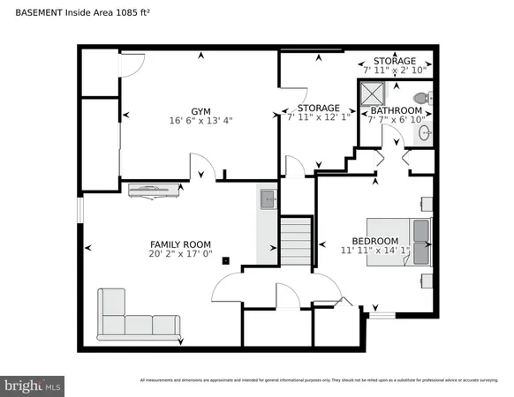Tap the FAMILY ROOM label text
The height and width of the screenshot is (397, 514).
coord(180,243)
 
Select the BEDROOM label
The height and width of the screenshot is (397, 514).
coord(374,241)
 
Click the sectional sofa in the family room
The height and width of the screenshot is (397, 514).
coord(132,318)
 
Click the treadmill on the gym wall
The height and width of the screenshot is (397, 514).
coord(155,188)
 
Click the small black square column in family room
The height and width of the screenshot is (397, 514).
coord(226,260)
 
